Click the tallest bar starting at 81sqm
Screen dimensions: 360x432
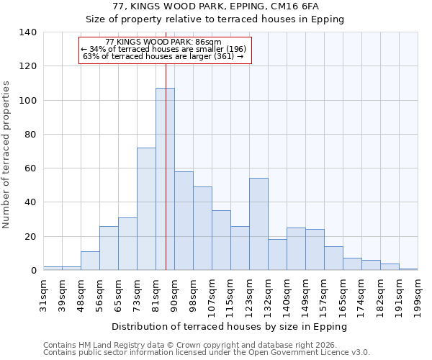click(165, 180)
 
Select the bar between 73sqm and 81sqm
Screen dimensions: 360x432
click(146, 209)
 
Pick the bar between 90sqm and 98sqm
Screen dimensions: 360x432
click(184, 221)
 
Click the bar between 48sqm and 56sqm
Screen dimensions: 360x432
click(90, 261)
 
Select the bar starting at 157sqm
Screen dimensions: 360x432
click(333, 258)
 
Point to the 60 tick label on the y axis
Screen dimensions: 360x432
click(30, 168)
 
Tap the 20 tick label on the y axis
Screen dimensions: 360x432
click(30, 237)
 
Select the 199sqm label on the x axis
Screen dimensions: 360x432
click(418, 296)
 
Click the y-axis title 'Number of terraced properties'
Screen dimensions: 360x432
click(6, 155)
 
